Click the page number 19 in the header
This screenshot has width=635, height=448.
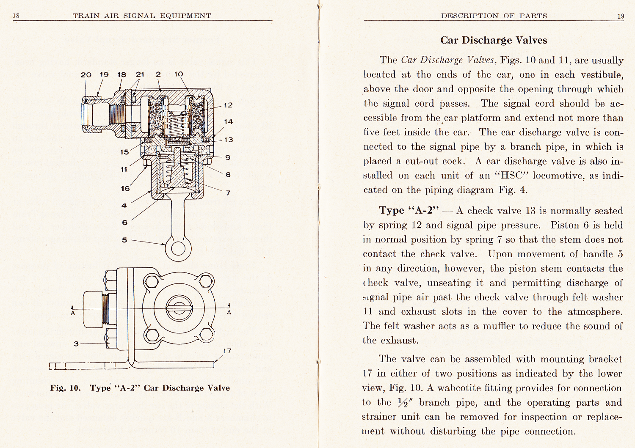(620, 16)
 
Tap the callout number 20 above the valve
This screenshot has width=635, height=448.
(86, 74)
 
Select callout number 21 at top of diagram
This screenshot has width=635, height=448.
(140, 74)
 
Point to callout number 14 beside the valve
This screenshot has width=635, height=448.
(229, 122)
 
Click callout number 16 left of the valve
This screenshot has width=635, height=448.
(125, 189)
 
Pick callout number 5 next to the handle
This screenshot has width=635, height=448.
(124, 240)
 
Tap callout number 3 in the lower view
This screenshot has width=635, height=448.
(76, 344)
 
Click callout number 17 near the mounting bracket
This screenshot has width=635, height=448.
(227, 351)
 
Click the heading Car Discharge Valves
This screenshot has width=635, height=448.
(494, 40)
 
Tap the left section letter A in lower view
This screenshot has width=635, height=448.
(73, 313)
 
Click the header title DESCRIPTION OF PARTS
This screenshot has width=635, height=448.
(494, 16)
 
